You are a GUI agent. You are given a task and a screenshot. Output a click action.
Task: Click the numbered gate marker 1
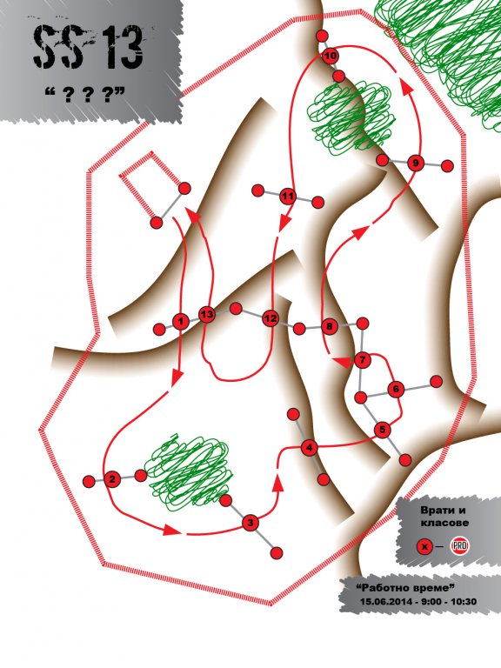tap(181, 321)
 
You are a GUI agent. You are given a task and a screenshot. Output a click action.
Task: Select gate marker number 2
tap(112, 479)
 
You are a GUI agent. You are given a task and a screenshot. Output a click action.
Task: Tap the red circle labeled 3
tap(250, 522)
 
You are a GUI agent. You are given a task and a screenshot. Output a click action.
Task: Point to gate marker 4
tap(310, 448)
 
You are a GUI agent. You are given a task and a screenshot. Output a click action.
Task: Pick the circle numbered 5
tap(382, 430)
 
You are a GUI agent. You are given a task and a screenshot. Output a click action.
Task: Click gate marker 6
tap(397, 389)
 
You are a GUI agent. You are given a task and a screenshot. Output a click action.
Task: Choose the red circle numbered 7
tap(363, 360)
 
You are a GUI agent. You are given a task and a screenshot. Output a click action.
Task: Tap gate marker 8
tap(329, 326)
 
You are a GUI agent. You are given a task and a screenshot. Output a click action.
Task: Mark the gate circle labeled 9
tap(416, 163)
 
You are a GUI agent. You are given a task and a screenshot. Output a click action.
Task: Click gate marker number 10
tap(331, 56)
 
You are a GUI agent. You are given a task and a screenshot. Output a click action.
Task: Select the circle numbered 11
tap(289, 197)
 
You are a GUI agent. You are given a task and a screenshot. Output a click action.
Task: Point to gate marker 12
tap(271, 317)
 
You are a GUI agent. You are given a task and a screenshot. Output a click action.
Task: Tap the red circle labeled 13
tap(207, 314)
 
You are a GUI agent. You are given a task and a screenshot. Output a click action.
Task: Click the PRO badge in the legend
tap(459, 546)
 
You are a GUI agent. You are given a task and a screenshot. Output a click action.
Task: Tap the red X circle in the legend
tap(424, 546)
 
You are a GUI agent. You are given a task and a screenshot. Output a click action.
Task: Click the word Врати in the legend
tap(438, 511)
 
